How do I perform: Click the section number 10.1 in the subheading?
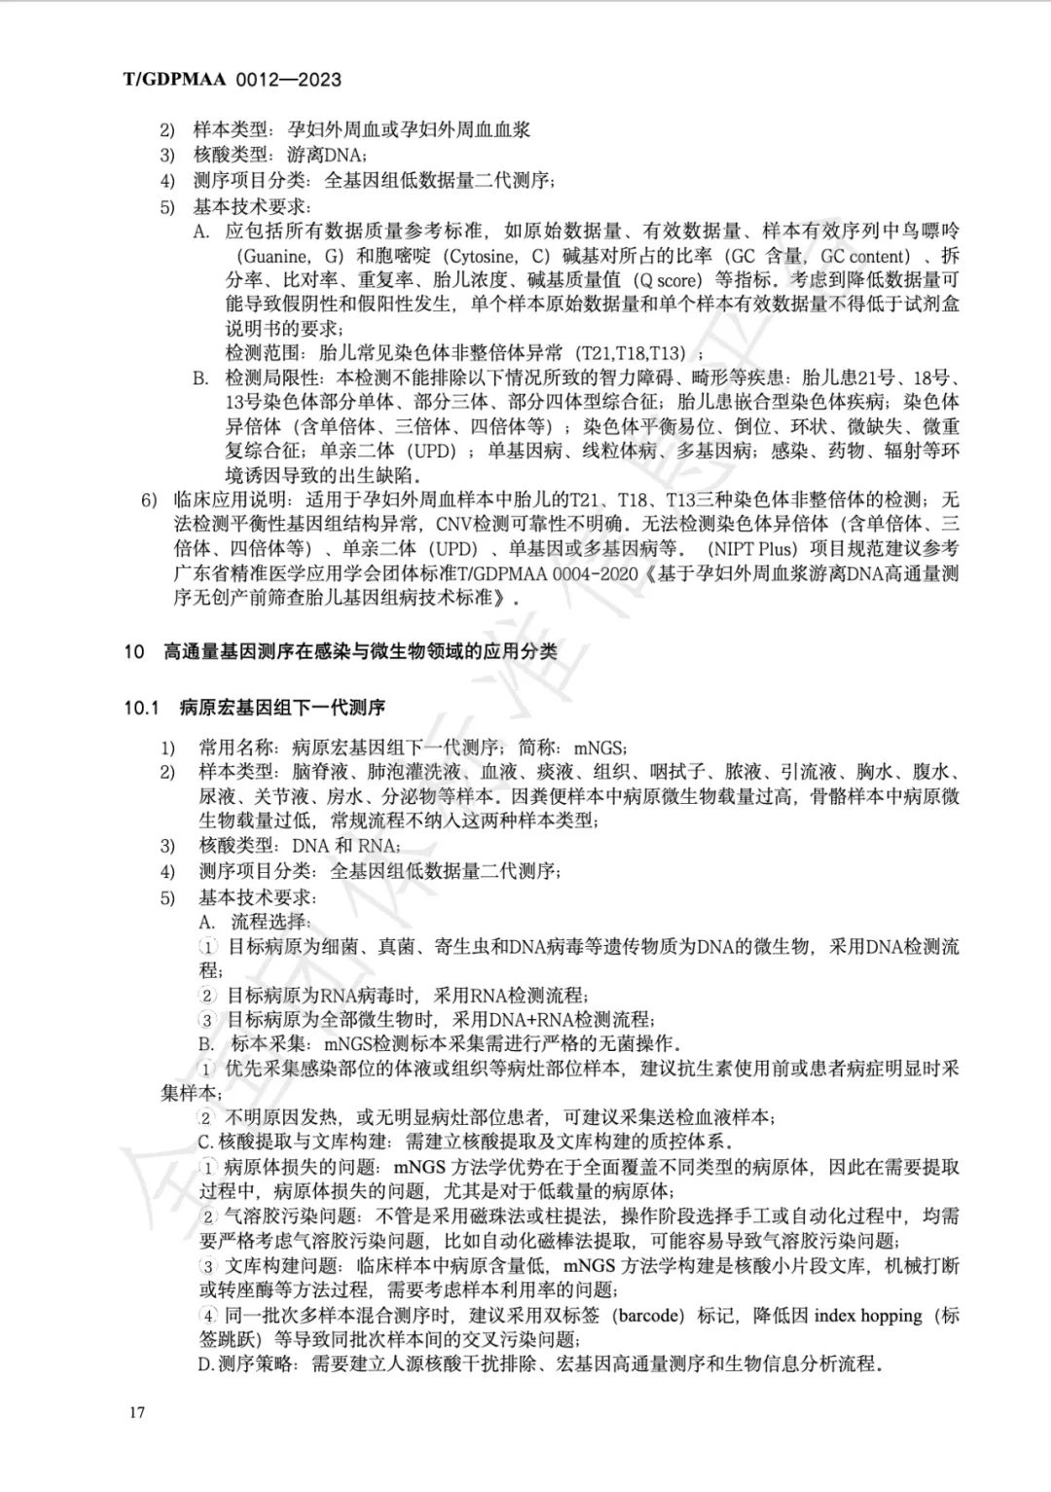click(x=140, y=707)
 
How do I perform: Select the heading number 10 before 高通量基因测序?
click(x=133, y=652)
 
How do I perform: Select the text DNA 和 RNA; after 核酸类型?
click(x=345, y=846)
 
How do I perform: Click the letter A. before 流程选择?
click(x=207, y=922)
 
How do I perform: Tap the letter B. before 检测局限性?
click(x=200, y=378)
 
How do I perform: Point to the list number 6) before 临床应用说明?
click(x=149, y=500)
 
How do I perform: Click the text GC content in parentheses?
click(x=866, y=256)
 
